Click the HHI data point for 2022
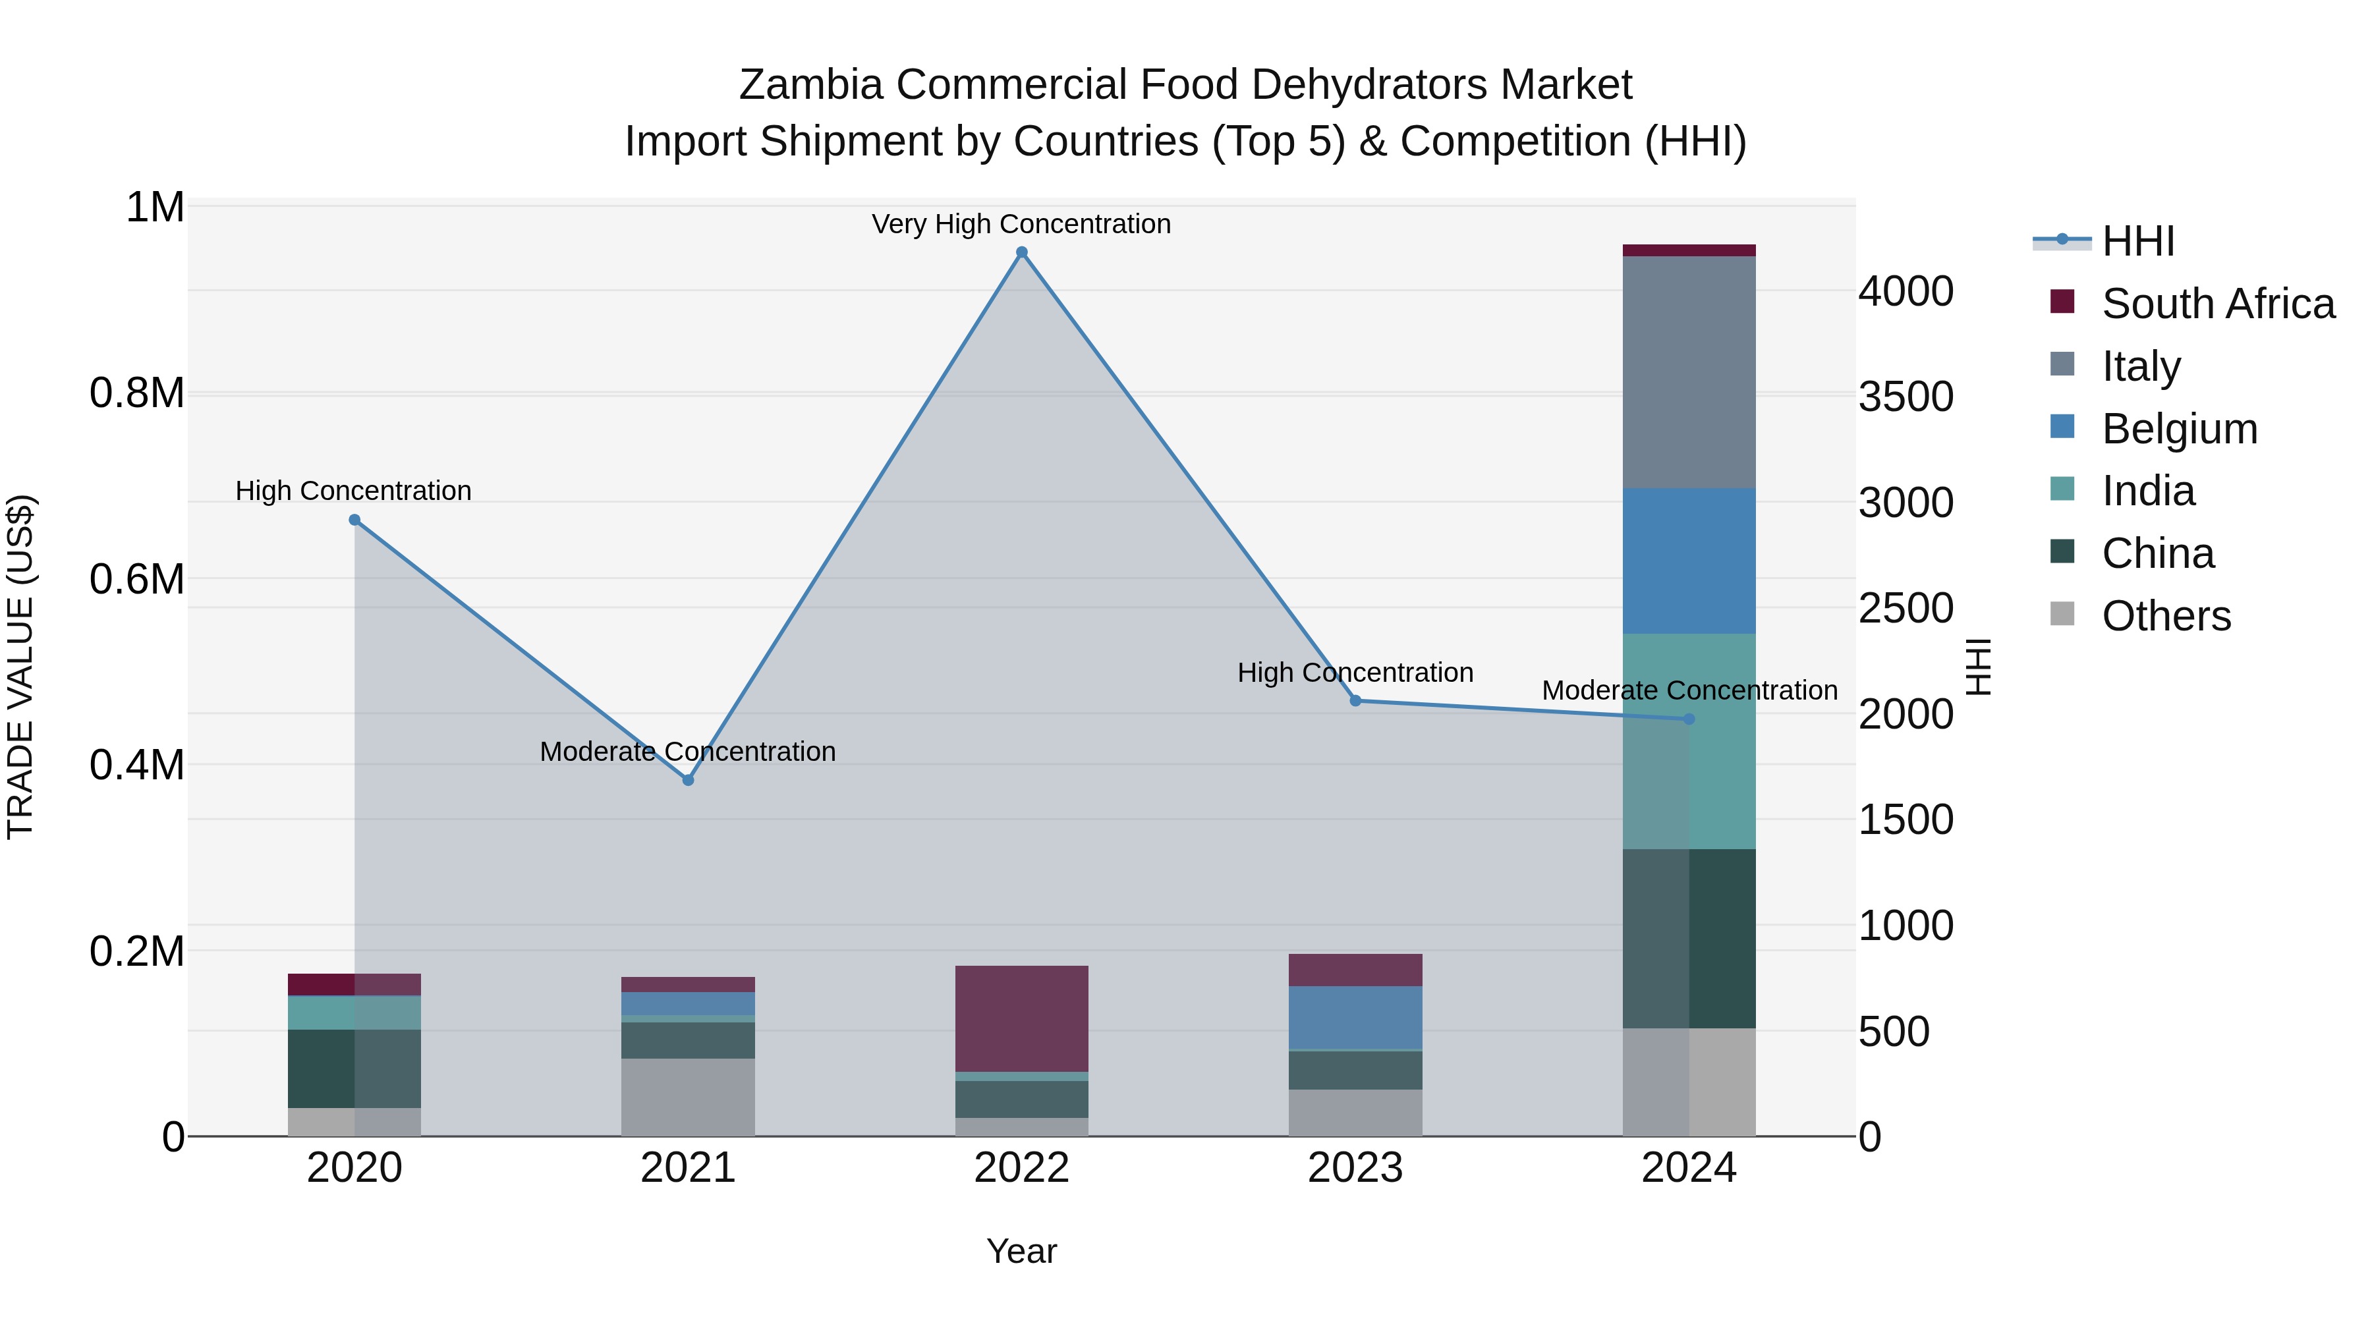pyautogui.click(x=1021, y=252)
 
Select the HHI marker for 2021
pyautogui.click(x=688, y=780)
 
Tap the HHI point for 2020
pyautogui.click(x=354, y=520)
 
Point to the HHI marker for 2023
pyautogui.click(x=1355, y=701)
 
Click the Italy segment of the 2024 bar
pyautogui.click(x=1689, y=372)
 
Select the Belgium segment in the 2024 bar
pyautogui.click(x=1689, y=561)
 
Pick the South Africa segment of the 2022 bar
pyautogui.click(x=1021, y=1018)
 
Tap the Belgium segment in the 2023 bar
pyautogui.click(x=1355, y=1017)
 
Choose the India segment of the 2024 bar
pyautogui.click(x=1689, y=741)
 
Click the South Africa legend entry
pyautogui.click(x=2217, y=304)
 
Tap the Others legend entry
pyautogui.click(x=2166, y=616)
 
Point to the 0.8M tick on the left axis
pyautogui.click(x=137, y=393)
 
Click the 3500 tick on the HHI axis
pyautogui.click(x=1905, y=397)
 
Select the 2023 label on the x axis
pyautogui.click(x=1355, y=1168)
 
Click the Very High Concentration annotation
pyautogui.click(x=1021, y=224)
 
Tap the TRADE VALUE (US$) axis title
pyautogui.click(x=20, y=667)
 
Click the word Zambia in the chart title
pyautogui.click(x=810, y=85)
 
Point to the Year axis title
pyautogui.click(x=1021, y=1251)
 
